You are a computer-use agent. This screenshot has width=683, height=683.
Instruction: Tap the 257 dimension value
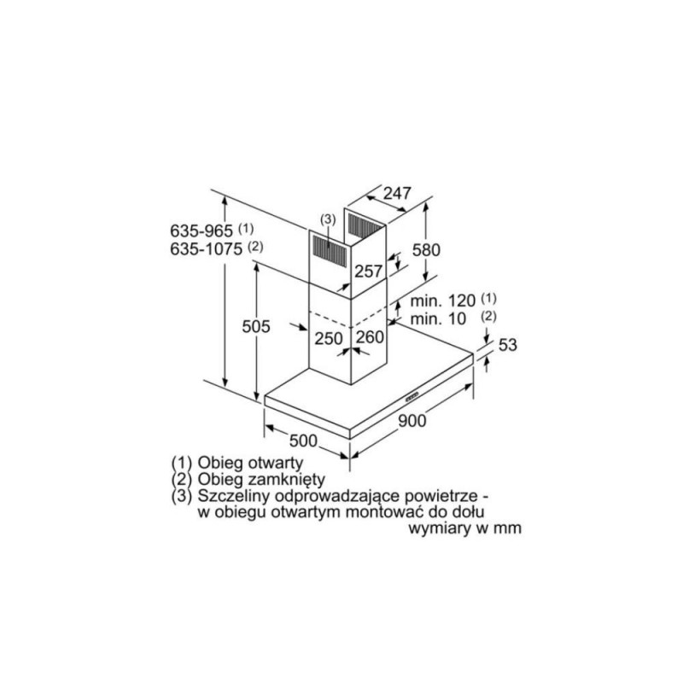tap(368, 271)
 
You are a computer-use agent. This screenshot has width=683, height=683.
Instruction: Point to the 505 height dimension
tap(256, 327)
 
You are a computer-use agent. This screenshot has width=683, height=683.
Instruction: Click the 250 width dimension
tap(328, 339)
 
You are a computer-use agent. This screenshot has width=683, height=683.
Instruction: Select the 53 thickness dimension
tap(507, 345)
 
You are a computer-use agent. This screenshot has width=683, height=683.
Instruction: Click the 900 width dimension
tap(411, 420)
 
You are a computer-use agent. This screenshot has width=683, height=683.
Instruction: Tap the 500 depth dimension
tap(303, 441)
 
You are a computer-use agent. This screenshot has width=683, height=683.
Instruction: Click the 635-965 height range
tap(202, 230)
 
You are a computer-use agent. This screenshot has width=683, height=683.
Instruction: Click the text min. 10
tap(438, 319)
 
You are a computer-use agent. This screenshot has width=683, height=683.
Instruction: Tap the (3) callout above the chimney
tap(328, 220)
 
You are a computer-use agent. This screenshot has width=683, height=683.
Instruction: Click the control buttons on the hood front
tap(412, 397)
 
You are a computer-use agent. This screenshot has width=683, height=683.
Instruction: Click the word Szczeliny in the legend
tap(232, 495)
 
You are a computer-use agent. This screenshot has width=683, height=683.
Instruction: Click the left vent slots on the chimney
tap(328, 248)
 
